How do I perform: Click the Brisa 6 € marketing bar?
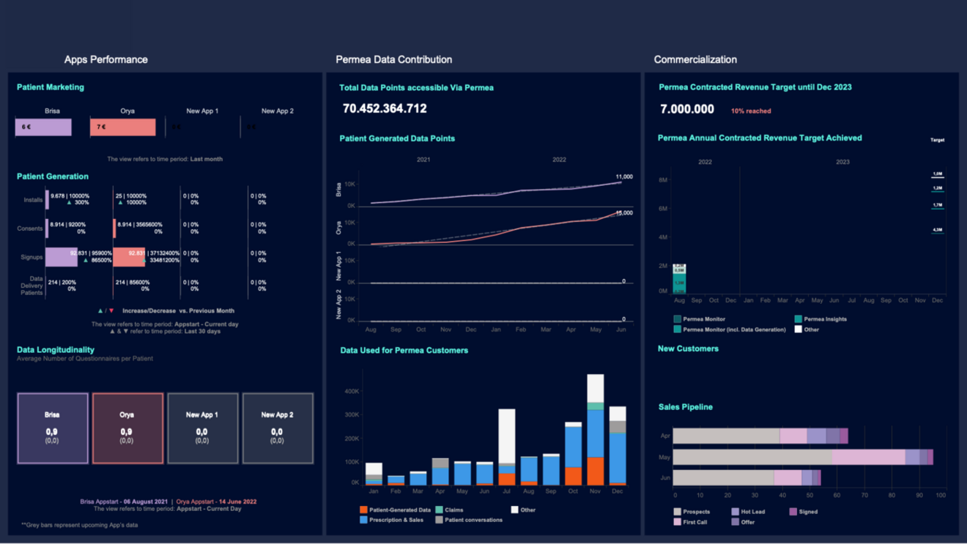point(43,127)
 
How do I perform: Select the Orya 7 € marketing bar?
point(123,127)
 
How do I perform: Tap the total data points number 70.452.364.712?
point(385,108)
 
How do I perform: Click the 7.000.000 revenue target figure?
point(686,108)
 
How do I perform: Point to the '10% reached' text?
point(751,111)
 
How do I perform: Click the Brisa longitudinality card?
point(53,428)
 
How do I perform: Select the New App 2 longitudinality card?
point(278,428)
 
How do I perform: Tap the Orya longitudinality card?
point(127,428)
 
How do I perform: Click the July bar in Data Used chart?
point(507,447)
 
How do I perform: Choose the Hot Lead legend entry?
point(752,512)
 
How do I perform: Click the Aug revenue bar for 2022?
point(679,279)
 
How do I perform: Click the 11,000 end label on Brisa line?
point(623,177)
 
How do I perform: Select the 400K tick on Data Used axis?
point(351,391)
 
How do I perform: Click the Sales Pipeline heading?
point(686,407)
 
